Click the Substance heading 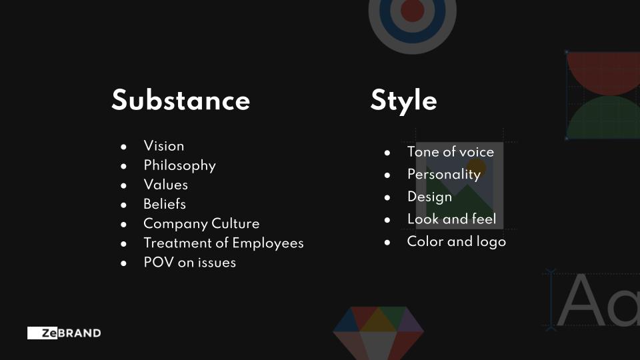coord(181,100)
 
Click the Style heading coord(404,101)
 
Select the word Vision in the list coord(164,146)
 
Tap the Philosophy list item coord(179,166)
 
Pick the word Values coord(166,185)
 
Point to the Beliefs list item coord(165,204)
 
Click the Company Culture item coord(201,224)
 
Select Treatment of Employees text coord(224,243)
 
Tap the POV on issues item coord(190,263)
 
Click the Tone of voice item coord(451,152)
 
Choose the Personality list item coord(444,174)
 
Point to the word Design coord(430,197)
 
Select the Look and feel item coord(452,219)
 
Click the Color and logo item coord(457,241)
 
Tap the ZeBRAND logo coord(64,333)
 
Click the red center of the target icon coord(412,10)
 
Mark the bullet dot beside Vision coord(124,147)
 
